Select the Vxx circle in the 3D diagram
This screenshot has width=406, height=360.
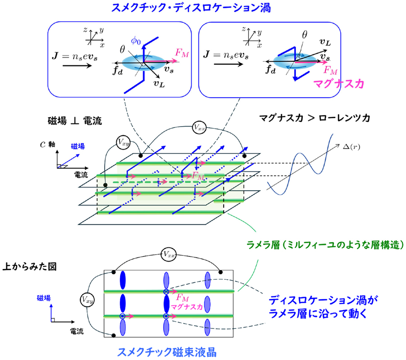pyautogui.click(x=200, y=127)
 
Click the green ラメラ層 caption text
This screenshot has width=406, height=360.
pyautogui.click(x=324, y=245)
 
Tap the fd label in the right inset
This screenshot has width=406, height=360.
pyautogui.click(x=271, y=70)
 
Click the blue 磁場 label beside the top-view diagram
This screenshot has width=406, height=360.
pyautogui.click(x=43, y=298)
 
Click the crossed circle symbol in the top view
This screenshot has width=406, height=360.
pyautogui.click(x=166, y=292)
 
